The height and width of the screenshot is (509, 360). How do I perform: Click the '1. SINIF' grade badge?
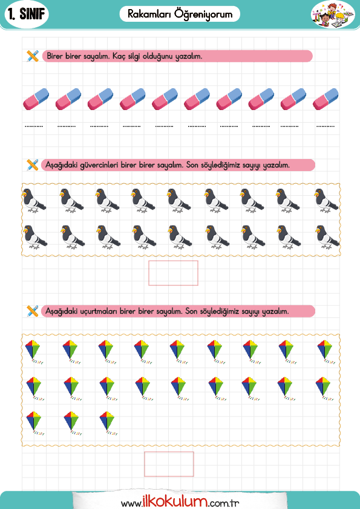27,14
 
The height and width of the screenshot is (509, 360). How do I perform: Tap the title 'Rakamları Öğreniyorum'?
180,15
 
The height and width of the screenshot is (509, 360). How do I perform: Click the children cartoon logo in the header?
333,15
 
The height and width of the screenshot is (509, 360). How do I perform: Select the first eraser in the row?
36,99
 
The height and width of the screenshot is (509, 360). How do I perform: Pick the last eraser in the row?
326,99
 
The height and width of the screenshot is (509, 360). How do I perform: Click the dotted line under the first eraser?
34,126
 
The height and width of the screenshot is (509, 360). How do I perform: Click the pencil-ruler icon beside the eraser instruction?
33,56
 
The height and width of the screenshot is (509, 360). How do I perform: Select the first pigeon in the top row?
34,201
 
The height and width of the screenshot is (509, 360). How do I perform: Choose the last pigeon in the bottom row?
327,238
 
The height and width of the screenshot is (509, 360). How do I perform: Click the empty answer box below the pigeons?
173,273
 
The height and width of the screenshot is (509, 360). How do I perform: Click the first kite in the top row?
34,352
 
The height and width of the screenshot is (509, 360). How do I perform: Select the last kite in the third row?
108,423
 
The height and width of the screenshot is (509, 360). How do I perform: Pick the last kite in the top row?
326,352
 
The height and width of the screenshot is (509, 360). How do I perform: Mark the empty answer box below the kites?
169,464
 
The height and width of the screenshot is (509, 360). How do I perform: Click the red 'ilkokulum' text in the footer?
175,502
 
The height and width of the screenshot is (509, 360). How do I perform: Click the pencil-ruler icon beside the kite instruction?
33,311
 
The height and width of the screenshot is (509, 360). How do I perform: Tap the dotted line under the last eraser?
326,126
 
